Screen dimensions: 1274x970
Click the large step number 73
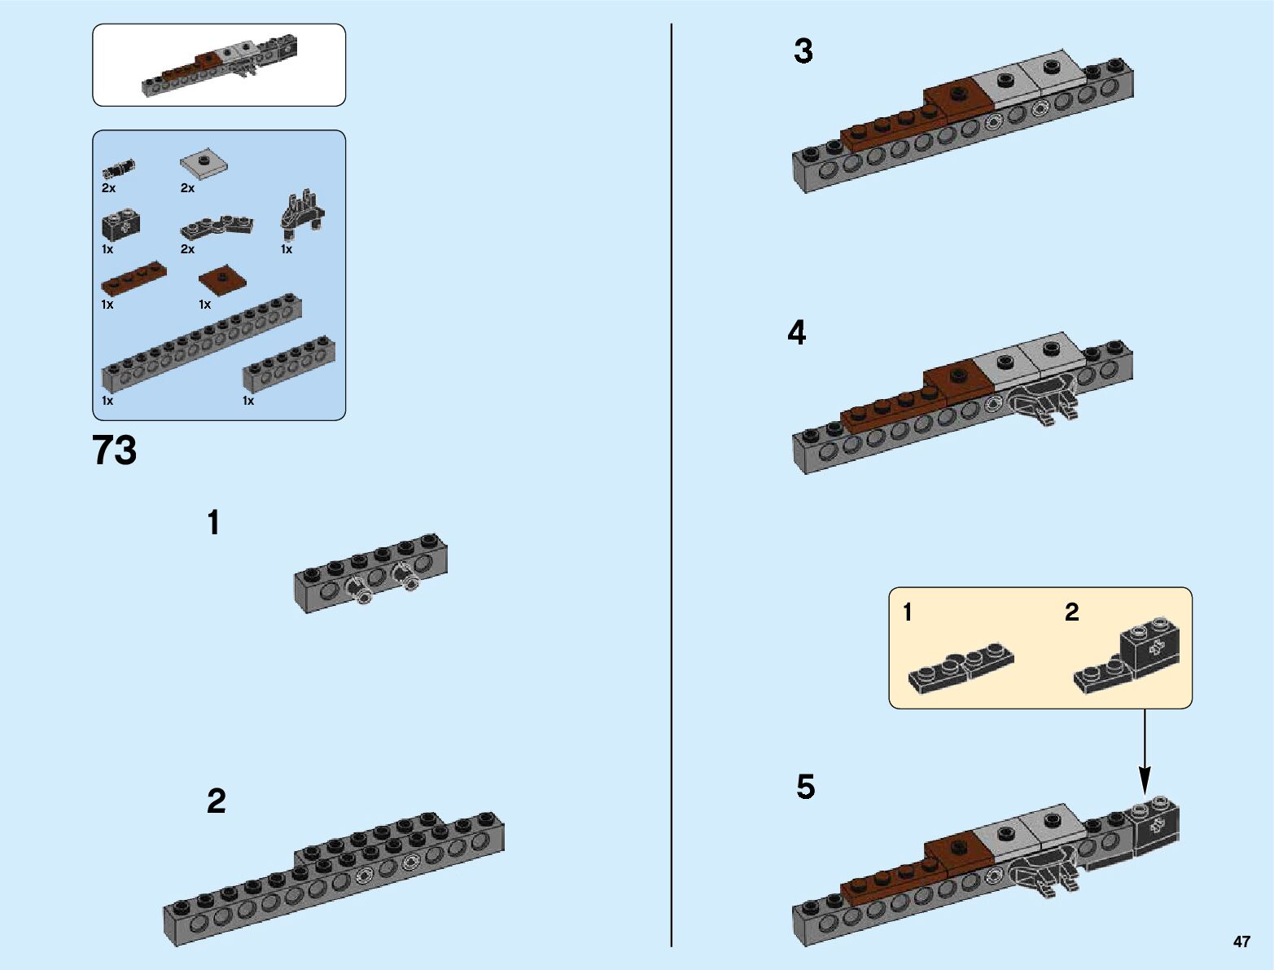114,450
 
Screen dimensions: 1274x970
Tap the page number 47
1241,941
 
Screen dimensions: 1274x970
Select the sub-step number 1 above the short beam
213,522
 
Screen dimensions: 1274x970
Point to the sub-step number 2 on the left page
217,801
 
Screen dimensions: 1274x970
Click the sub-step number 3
803,51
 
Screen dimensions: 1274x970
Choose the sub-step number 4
797,332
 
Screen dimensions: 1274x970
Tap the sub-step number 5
806,787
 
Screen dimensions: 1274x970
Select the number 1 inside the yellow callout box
908,612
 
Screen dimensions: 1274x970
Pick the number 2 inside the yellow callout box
1071,612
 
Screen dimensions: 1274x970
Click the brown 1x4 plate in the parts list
134,279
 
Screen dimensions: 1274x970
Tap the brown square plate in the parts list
221,280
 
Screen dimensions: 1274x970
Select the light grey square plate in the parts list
204,164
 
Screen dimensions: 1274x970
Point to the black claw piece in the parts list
302,214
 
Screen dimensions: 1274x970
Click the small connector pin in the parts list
118,169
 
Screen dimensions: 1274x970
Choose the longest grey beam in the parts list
201,344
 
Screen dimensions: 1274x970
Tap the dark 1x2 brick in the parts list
120,226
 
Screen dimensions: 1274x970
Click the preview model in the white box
220,64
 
